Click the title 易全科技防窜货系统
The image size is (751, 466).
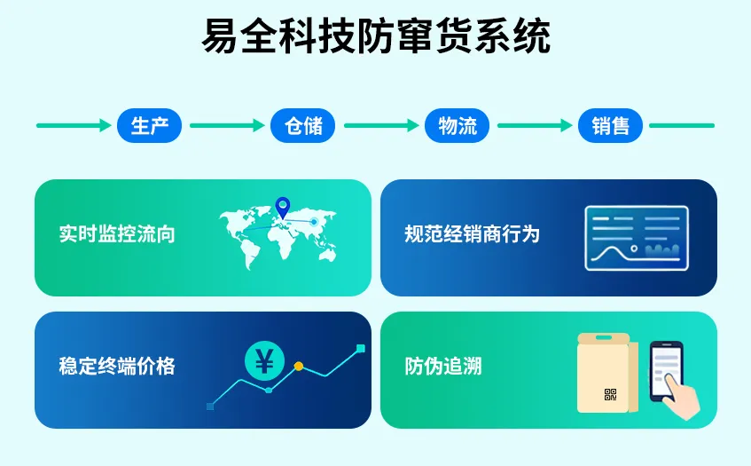pyautogui.click(x=376, y=37)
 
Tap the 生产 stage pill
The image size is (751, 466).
pyautogui.click(x=149, y=126)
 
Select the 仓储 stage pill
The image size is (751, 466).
pyautogui.click(x=303, y=126)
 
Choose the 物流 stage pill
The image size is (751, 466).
pyautogui.click(x=457, y=126)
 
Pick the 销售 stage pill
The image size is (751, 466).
pyautogui.click(x=610, y=126)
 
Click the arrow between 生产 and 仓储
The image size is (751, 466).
pyautogui.click(x=227, y=126)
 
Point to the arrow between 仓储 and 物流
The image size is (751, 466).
pyautogui.click(x=380, y=126)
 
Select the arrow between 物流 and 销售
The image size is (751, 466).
pyautogui.click(x=534, y=126)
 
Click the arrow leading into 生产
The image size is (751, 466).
pyautogui.click(x=73, y=126)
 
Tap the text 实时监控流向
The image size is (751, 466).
pyautogui.click(x=117, y=234)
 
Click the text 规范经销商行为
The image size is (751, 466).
pyautogui.click(x=472, y=234)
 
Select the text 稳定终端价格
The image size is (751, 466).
pyautogui.click(x=117, y=366)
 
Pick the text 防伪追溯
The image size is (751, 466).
pyautogui.click(x=443, y=366)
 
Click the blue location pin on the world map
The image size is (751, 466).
pyautogui.click(x=283, y=207)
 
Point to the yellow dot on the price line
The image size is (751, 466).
pyautogui.click(x=299, y=366)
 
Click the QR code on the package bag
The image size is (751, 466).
pyautogui.click(x=610, y=395)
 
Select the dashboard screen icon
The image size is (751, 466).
pyautogui.click(x=636, y=238)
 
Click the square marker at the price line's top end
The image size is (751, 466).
pyautogui.click(x=360, y=349)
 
